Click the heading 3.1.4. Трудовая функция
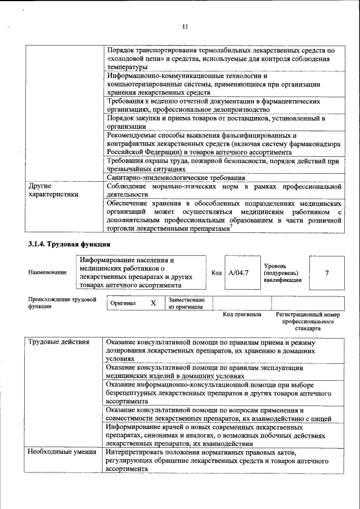(x=69, y=245)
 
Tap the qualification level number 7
(x=327, y=273)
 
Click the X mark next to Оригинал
(x=152, y=303)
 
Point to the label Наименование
(x=47, y=272)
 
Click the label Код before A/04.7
(x=216, y=273)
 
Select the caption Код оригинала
(x=242, y=314)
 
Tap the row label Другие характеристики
(x=54, y=190)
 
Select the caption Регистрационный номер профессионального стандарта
(x=308, y=321)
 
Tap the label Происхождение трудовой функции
(x=62, y=303)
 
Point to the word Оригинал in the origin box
(x=123, y=303)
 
